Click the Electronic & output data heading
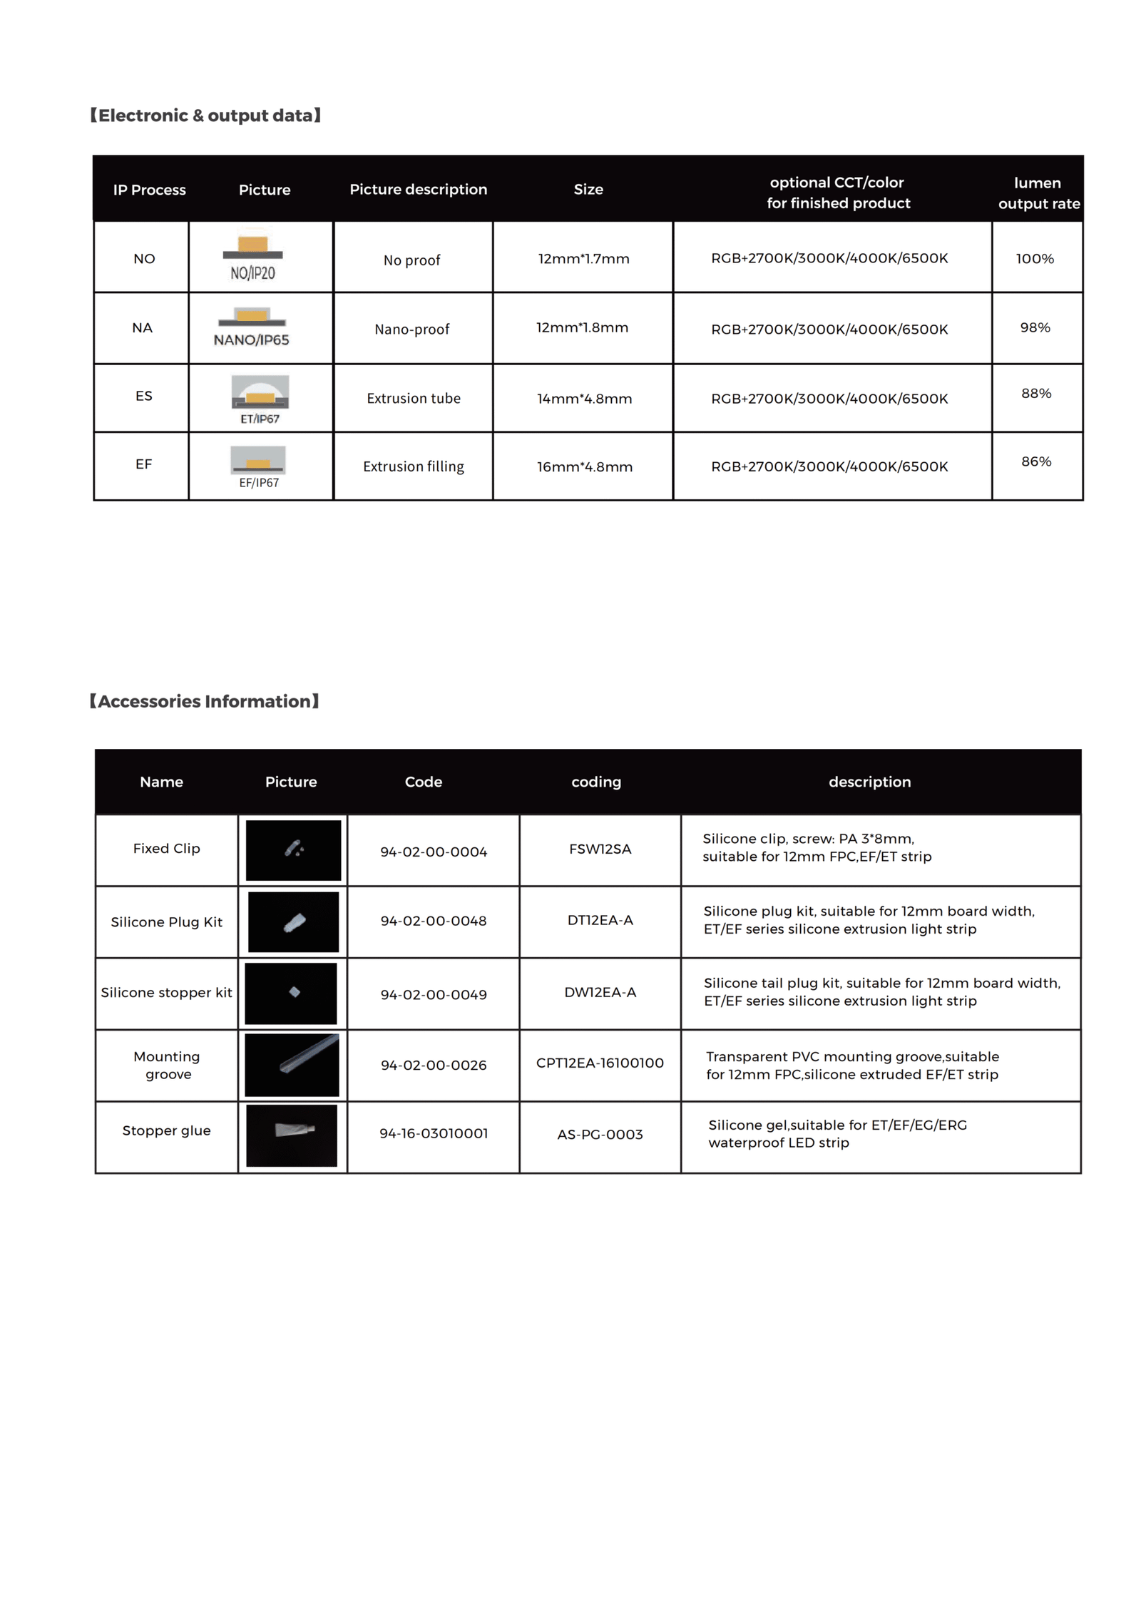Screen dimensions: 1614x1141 (205, 116)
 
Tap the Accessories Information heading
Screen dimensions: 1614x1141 (204, 701)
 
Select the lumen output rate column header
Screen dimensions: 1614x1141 (1038, 193)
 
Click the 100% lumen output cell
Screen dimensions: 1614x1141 (1035, 259)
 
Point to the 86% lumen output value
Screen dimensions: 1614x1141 (1036, 461)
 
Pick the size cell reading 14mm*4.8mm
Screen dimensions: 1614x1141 (584, 399)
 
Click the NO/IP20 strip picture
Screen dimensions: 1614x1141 (253, 257)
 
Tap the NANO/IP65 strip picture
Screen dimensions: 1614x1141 (252, 327)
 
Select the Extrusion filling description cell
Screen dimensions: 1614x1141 (414, 466)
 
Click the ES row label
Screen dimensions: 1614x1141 (143, 396)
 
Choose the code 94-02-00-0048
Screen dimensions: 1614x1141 (434, 921)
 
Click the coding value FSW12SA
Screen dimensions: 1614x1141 (600, 849)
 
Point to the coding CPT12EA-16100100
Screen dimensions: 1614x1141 (600, 1063)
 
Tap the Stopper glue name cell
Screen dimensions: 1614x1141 (166, 1130)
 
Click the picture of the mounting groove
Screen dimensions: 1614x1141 (292, 1064)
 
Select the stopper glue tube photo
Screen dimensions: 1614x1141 (292, 1135)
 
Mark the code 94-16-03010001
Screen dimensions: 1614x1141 (434, 1133)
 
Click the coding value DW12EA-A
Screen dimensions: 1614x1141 (600, 992)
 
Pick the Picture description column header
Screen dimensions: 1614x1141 (418, 189)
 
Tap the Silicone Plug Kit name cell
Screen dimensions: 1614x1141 (166, 922)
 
